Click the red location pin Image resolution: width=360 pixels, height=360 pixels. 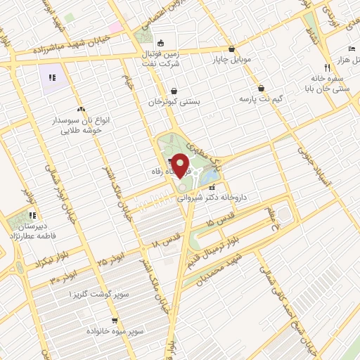[181, 165]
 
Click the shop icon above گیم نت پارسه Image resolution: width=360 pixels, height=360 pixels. [262, 89]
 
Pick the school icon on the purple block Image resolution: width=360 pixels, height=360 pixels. [51, 77]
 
